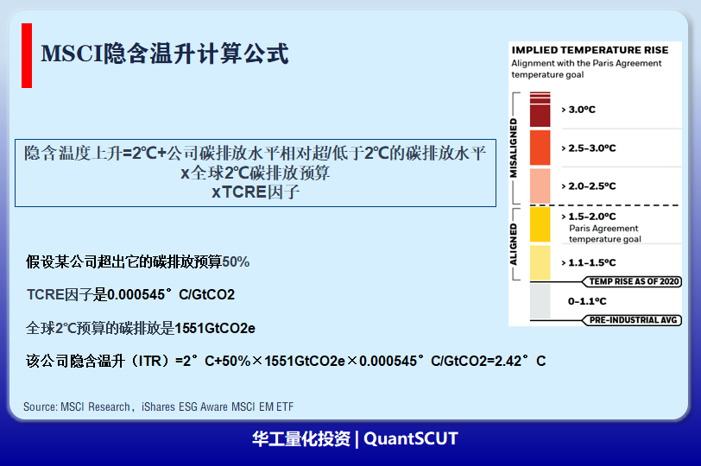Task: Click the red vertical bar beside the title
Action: [x=27, y=55]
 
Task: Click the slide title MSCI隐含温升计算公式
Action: [x=165, y=54]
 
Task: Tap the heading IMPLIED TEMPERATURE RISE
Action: [x=590, y=50]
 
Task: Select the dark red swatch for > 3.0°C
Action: [x=540, y=110]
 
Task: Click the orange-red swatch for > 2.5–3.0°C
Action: [x=540, y=148]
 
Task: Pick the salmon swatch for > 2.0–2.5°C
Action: [x=540, y=186]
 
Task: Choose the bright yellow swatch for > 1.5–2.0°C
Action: [x=540, y=224]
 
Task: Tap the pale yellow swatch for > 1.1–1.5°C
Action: [x=540, y=262]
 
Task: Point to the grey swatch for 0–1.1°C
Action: [x=540, y=301]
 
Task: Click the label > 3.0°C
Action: [x=578, y=110]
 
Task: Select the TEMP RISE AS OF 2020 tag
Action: [x=632, y=281]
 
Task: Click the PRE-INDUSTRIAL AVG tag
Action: [x=632, y=320]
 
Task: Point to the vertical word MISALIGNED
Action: [x=514, y=148]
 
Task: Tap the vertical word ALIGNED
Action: [x=514, y=244]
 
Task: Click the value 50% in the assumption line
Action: [x=236, y=261]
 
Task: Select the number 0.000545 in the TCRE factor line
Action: [x=136, y=295]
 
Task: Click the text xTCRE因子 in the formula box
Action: [x=256, y=192]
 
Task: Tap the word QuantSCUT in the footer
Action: [x=411, y=438]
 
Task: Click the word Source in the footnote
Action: [x=41, y=407]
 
